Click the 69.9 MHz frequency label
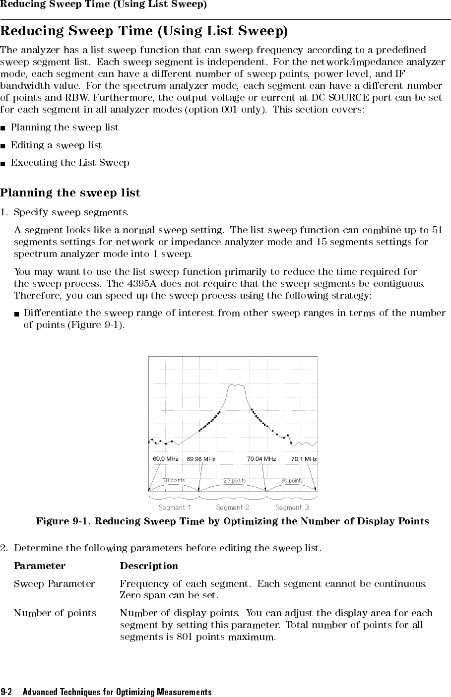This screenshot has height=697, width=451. (x=165, y=459)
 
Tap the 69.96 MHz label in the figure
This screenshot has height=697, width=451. (x=201, y=459)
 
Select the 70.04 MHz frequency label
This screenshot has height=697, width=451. (x=261, y=459)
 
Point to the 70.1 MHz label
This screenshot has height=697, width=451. (x=304, y=459)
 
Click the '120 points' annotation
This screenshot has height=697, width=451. (x=233, y=481)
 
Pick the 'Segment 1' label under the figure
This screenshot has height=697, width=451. (x=174, y=507)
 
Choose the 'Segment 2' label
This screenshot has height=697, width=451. (x=233, y=507)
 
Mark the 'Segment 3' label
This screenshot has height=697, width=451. (x=292, y=507)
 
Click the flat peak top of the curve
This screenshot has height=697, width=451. (x=237, y=384)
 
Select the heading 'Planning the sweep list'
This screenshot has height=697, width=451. (x=70, y=192)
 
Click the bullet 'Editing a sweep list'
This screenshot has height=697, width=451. (x=56, y=145)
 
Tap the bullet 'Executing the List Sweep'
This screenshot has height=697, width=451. (x=70, y=163)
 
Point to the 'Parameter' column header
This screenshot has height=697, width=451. (x=39, y=566)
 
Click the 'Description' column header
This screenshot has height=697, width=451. (x=149, y=566)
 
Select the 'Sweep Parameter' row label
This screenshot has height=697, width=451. (x=54, y=584)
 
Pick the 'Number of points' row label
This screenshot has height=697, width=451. (x=55, y=613)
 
